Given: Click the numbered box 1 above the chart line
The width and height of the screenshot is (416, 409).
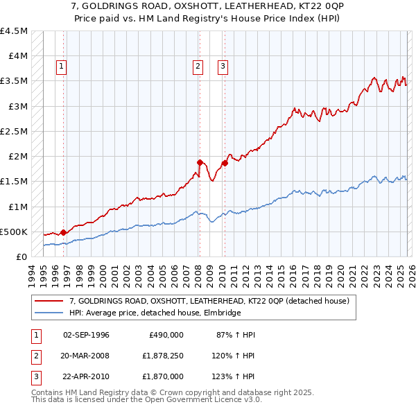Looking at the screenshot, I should pos(62,67).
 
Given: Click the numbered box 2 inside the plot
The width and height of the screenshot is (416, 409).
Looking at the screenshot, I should pos(198,67).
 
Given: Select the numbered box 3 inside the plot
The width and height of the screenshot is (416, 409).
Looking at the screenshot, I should pos(223,67).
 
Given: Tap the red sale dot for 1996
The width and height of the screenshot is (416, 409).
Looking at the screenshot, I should pos(63,233).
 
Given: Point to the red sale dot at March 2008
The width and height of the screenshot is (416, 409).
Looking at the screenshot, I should pos(199,162).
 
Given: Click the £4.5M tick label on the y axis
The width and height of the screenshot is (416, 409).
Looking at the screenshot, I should pos(14,31).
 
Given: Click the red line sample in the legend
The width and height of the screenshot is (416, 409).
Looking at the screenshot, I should pos(50,301).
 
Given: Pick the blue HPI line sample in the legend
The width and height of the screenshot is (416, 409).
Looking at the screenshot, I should pos(50,313).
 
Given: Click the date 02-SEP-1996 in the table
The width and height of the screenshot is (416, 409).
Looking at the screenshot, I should pos(86,335).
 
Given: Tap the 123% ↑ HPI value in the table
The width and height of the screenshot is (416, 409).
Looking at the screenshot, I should pos(233,376).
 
